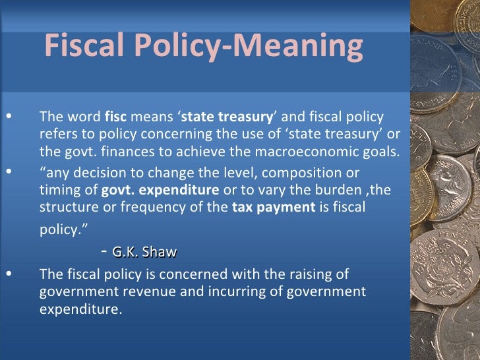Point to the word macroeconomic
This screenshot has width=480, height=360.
(295, 149)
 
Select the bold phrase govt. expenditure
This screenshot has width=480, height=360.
(160, 191)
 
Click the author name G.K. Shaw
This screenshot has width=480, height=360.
(145, 251)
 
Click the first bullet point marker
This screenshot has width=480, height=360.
(8, 117)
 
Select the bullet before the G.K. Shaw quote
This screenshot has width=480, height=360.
(8, 173)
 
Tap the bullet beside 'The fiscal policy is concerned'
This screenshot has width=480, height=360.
(8, 274)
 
